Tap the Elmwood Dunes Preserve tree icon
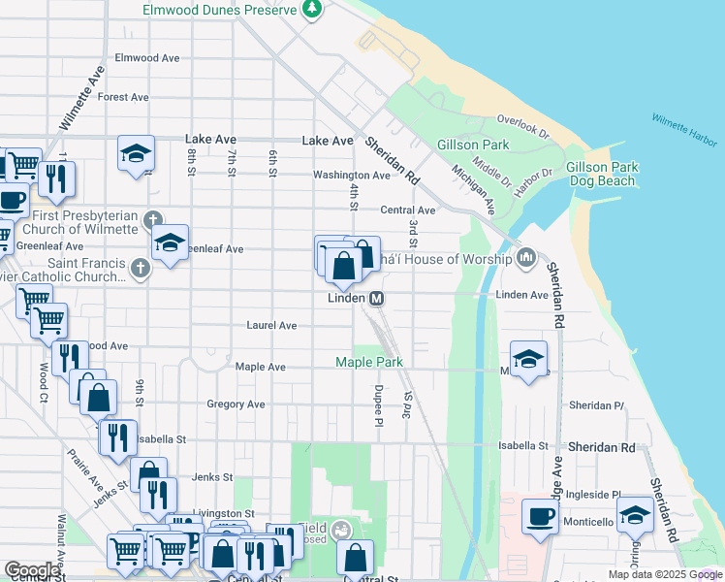tap(312, 10)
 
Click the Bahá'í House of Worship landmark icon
tap(526, 257)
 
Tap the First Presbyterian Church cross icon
tap(153, 220)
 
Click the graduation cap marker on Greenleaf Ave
tap(170, 242)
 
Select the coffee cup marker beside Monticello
tap(540, 515)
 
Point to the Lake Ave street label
tap(328, 141)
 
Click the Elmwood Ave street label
tap(147, 58)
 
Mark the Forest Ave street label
tap(123, 97)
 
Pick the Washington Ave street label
tap(351, 176)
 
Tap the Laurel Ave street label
tap(271, 326)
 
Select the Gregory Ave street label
tap(236, 404)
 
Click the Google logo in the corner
tap(32, 570)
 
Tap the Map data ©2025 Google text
tap(664, 574)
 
